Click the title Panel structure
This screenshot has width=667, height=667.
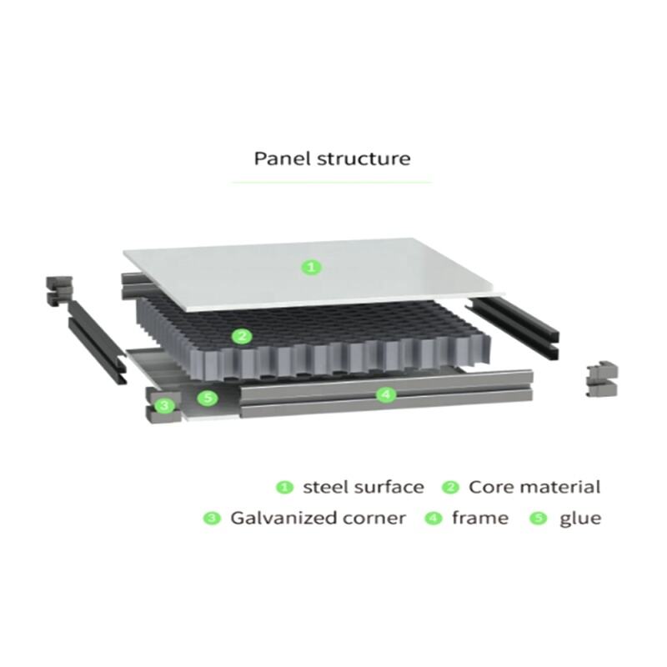click(332, 158)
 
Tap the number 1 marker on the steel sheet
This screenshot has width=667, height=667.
click(311, 268)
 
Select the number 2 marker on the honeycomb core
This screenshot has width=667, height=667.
click(242, 337)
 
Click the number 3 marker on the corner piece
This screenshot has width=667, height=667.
click(165, 406)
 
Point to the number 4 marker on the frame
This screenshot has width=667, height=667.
click(384, 394)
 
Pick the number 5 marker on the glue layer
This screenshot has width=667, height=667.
click(209, 398)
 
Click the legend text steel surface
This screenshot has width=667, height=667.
click(363, 487)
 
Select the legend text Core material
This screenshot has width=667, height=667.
click(534, 487)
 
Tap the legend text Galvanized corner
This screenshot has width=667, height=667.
click(318, 518)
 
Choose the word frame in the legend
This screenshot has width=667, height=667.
click(479, 518)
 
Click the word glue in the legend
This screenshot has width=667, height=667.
click(579, 518)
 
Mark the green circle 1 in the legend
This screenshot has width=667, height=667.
click(285, 487)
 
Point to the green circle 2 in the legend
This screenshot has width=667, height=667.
click(451, 487)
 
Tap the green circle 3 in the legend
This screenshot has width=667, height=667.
click(212, 518)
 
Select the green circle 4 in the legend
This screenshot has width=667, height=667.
click(433, 518)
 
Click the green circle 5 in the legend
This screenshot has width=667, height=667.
click(539, 518)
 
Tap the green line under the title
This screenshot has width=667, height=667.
click(331, 182)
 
